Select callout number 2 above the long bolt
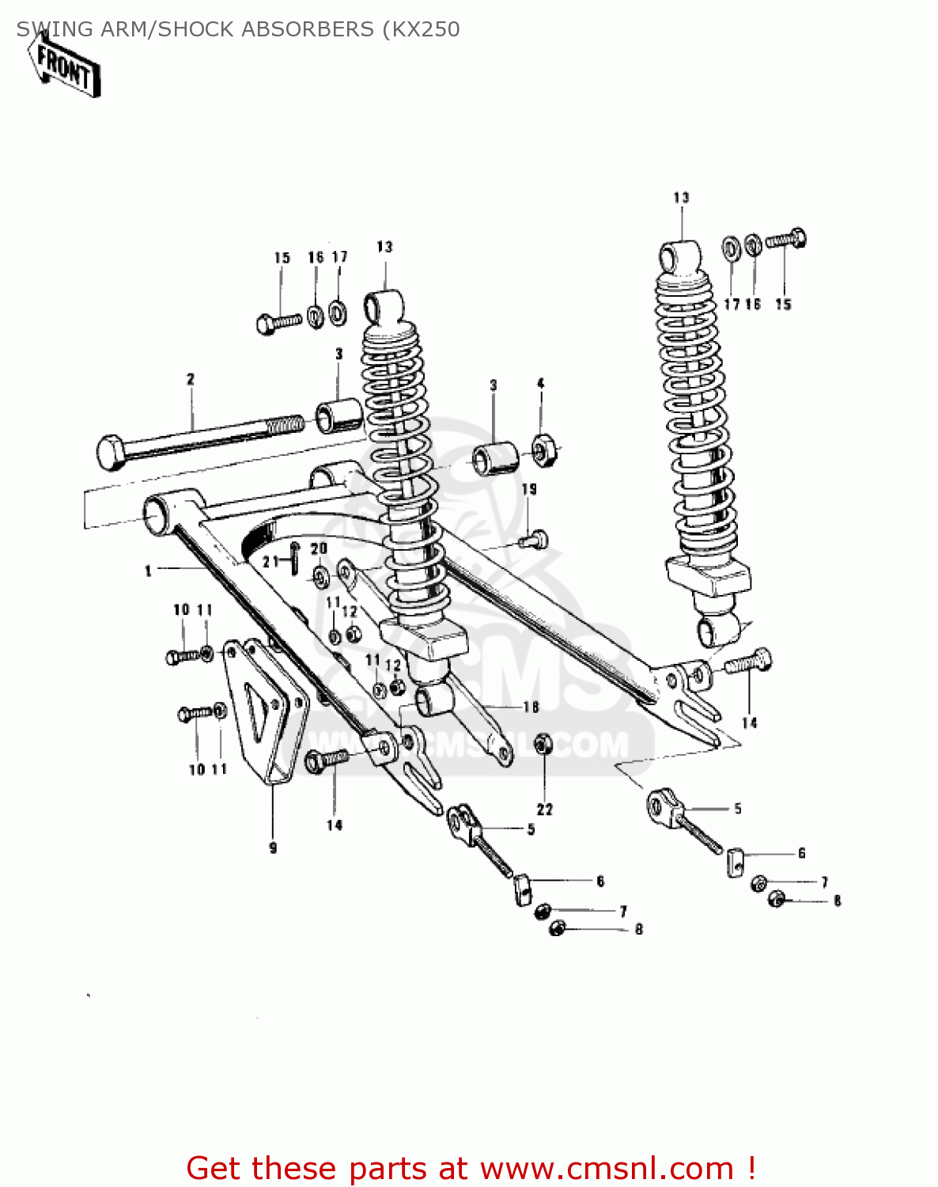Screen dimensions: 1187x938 (190, 380)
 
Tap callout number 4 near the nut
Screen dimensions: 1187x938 (541, 384)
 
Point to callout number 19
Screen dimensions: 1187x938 (529, 489)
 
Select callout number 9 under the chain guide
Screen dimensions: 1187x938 (273, 848)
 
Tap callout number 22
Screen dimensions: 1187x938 (545, 809)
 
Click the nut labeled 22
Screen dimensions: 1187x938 (543, 745)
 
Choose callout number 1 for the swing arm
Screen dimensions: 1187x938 (148, 570)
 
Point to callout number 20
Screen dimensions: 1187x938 (318, 549)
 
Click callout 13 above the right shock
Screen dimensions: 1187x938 (681, 198)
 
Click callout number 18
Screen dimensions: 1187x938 (531, 707)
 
